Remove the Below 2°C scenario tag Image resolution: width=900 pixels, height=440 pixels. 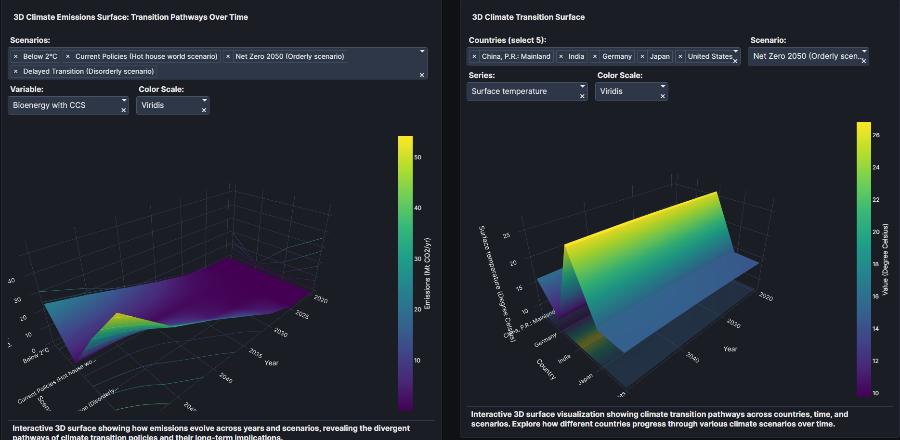point(16,56)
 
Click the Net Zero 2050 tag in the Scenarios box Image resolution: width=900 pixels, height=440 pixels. point(289,56)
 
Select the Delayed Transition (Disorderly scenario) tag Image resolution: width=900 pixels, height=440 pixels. point(88,71)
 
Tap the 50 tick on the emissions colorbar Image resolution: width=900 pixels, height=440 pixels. point(417,157)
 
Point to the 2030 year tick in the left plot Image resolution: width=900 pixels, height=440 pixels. point(281,332)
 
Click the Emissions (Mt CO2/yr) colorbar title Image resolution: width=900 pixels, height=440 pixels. point(427,273)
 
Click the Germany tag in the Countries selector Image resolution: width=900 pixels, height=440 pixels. point(616,56)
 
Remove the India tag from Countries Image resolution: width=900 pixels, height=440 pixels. point(561,56)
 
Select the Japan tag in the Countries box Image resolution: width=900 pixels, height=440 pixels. point(659,56)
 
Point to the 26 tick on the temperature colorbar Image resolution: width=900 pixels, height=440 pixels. point(876,135)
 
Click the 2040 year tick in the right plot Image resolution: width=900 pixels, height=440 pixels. point(692,357)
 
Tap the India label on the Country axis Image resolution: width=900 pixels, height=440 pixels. point(564,359)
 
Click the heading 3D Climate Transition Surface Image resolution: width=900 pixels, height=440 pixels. point(528,17)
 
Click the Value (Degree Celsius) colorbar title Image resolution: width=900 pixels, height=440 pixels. point(885,259)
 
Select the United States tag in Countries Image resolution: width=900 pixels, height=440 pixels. point(709,56)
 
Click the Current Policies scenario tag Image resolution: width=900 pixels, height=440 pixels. point(146,56)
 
